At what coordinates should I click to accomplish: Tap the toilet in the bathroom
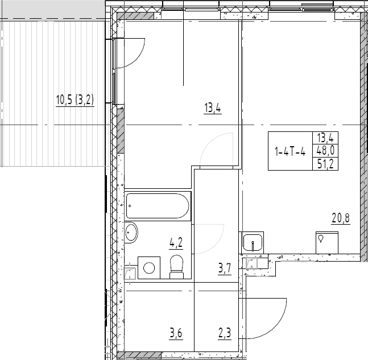coord(177,267)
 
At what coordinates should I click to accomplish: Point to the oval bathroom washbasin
coord(131,233)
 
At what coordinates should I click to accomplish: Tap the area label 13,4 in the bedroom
coord(212,107)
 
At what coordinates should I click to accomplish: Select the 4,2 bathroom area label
coord(176,244)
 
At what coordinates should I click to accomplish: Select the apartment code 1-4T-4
coord(290,152)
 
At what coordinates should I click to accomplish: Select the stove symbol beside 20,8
coord(326,242)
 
